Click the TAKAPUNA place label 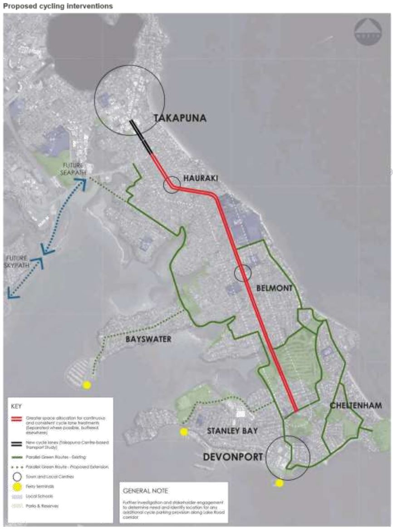point(180,118)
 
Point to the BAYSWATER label point(148,338)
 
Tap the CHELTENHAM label point(356,405)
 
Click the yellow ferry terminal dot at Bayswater point(87,385)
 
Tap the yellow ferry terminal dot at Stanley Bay point(184,432)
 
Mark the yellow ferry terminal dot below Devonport point(279,483)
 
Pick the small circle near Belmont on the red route point(242,273)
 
